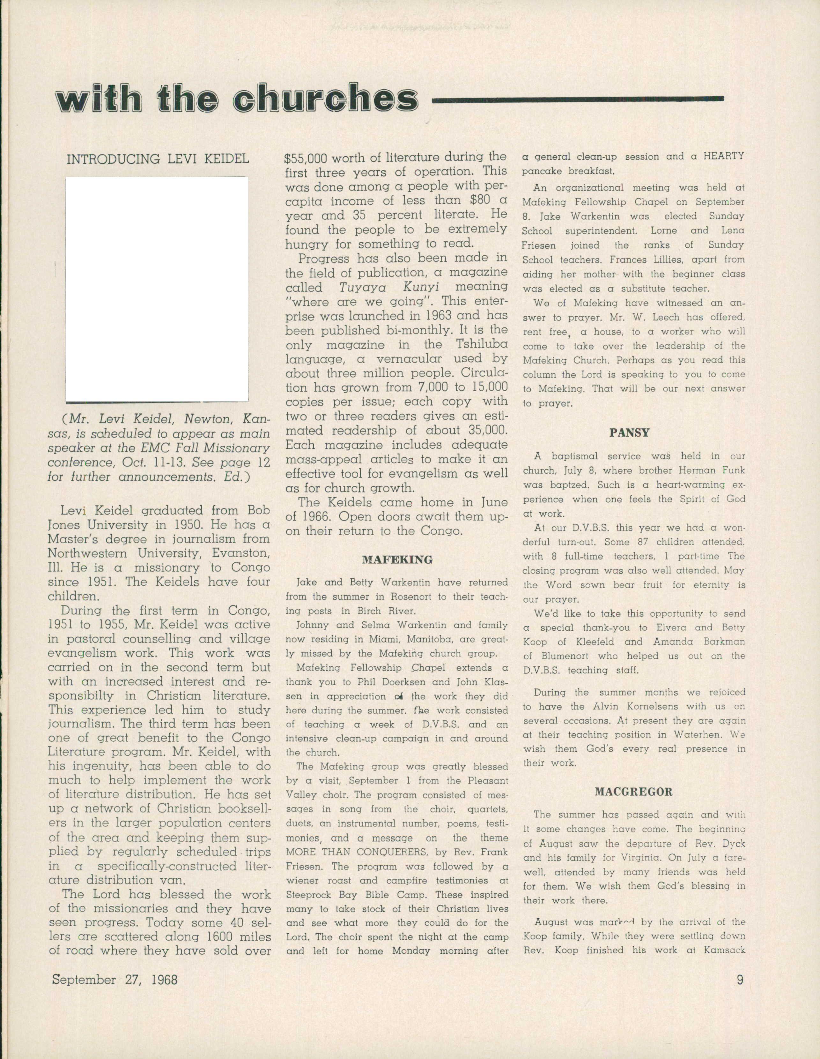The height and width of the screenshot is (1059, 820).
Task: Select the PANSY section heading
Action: (x=629, y=432)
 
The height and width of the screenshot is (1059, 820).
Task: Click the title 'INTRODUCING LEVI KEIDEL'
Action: (x=158, y=159)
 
